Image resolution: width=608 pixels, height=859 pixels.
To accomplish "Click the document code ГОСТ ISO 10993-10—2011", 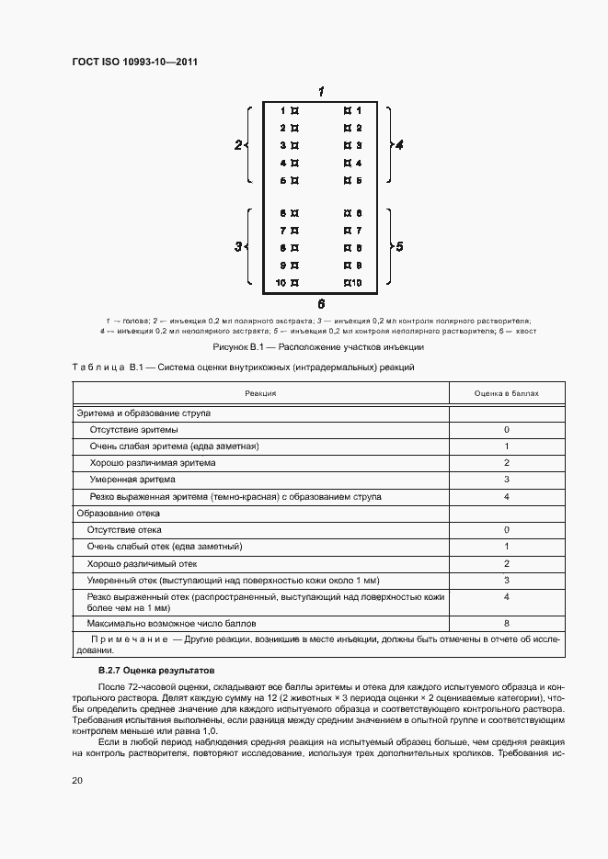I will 135,62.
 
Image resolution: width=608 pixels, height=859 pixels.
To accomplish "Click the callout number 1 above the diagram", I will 320,91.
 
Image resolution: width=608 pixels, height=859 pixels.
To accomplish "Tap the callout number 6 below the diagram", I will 320,303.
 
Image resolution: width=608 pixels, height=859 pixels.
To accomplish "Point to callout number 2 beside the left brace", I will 238,145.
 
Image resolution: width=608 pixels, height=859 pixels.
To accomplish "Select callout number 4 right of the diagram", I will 399,145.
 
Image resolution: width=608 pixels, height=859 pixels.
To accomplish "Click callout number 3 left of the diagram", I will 238,247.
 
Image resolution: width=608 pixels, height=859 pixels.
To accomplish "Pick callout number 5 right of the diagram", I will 399,247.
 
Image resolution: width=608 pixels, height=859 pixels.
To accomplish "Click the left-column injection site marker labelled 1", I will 294,111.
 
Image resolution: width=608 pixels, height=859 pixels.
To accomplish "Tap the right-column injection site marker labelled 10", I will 348,282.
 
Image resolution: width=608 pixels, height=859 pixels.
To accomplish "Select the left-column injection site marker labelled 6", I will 294,213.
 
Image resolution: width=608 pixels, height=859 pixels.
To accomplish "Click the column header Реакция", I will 260,393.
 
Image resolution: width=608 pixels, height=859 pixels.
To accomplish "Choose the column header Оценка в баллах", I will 506,393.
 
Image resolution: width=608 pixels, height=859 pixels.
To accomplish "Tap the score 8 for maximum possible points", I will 506,622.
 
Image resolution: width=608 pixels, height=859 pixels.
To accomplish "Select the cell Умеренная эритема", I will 132,480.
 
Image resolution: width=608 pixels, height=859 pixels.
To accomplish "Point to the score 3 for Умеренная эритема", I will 506,480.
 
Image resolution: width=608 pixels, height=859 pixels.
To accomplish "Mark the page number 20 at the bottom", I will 77,780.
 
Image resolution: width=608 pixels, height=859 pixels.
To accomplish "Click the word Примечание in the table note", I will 129,638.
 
